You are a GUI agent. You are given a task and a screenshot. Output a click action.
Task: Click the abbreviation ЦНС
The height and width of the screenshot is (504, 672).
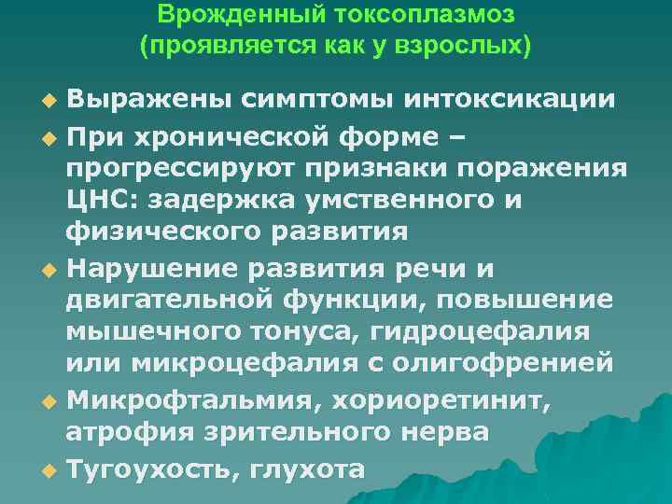(100, 201)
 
